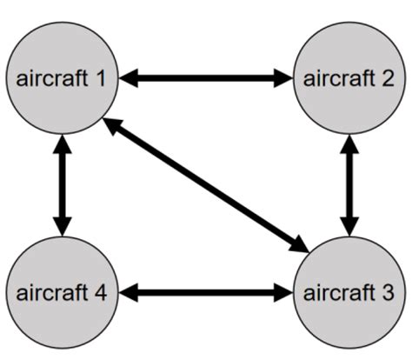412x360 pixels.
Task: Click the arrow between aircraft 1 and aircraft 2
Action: (205, 78)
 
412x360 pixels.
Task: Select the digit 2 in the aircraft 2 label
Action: (389, 80)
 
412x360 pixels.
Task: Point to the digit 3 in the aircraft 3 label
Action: (389, 293)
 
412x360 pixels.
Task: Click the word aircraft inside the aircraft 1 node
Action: (50, 80)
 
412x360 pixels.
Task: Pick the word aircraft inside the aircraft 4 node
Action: (50, 293)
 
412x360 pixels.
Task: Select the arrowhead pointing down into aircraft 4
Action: (62, 227)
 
